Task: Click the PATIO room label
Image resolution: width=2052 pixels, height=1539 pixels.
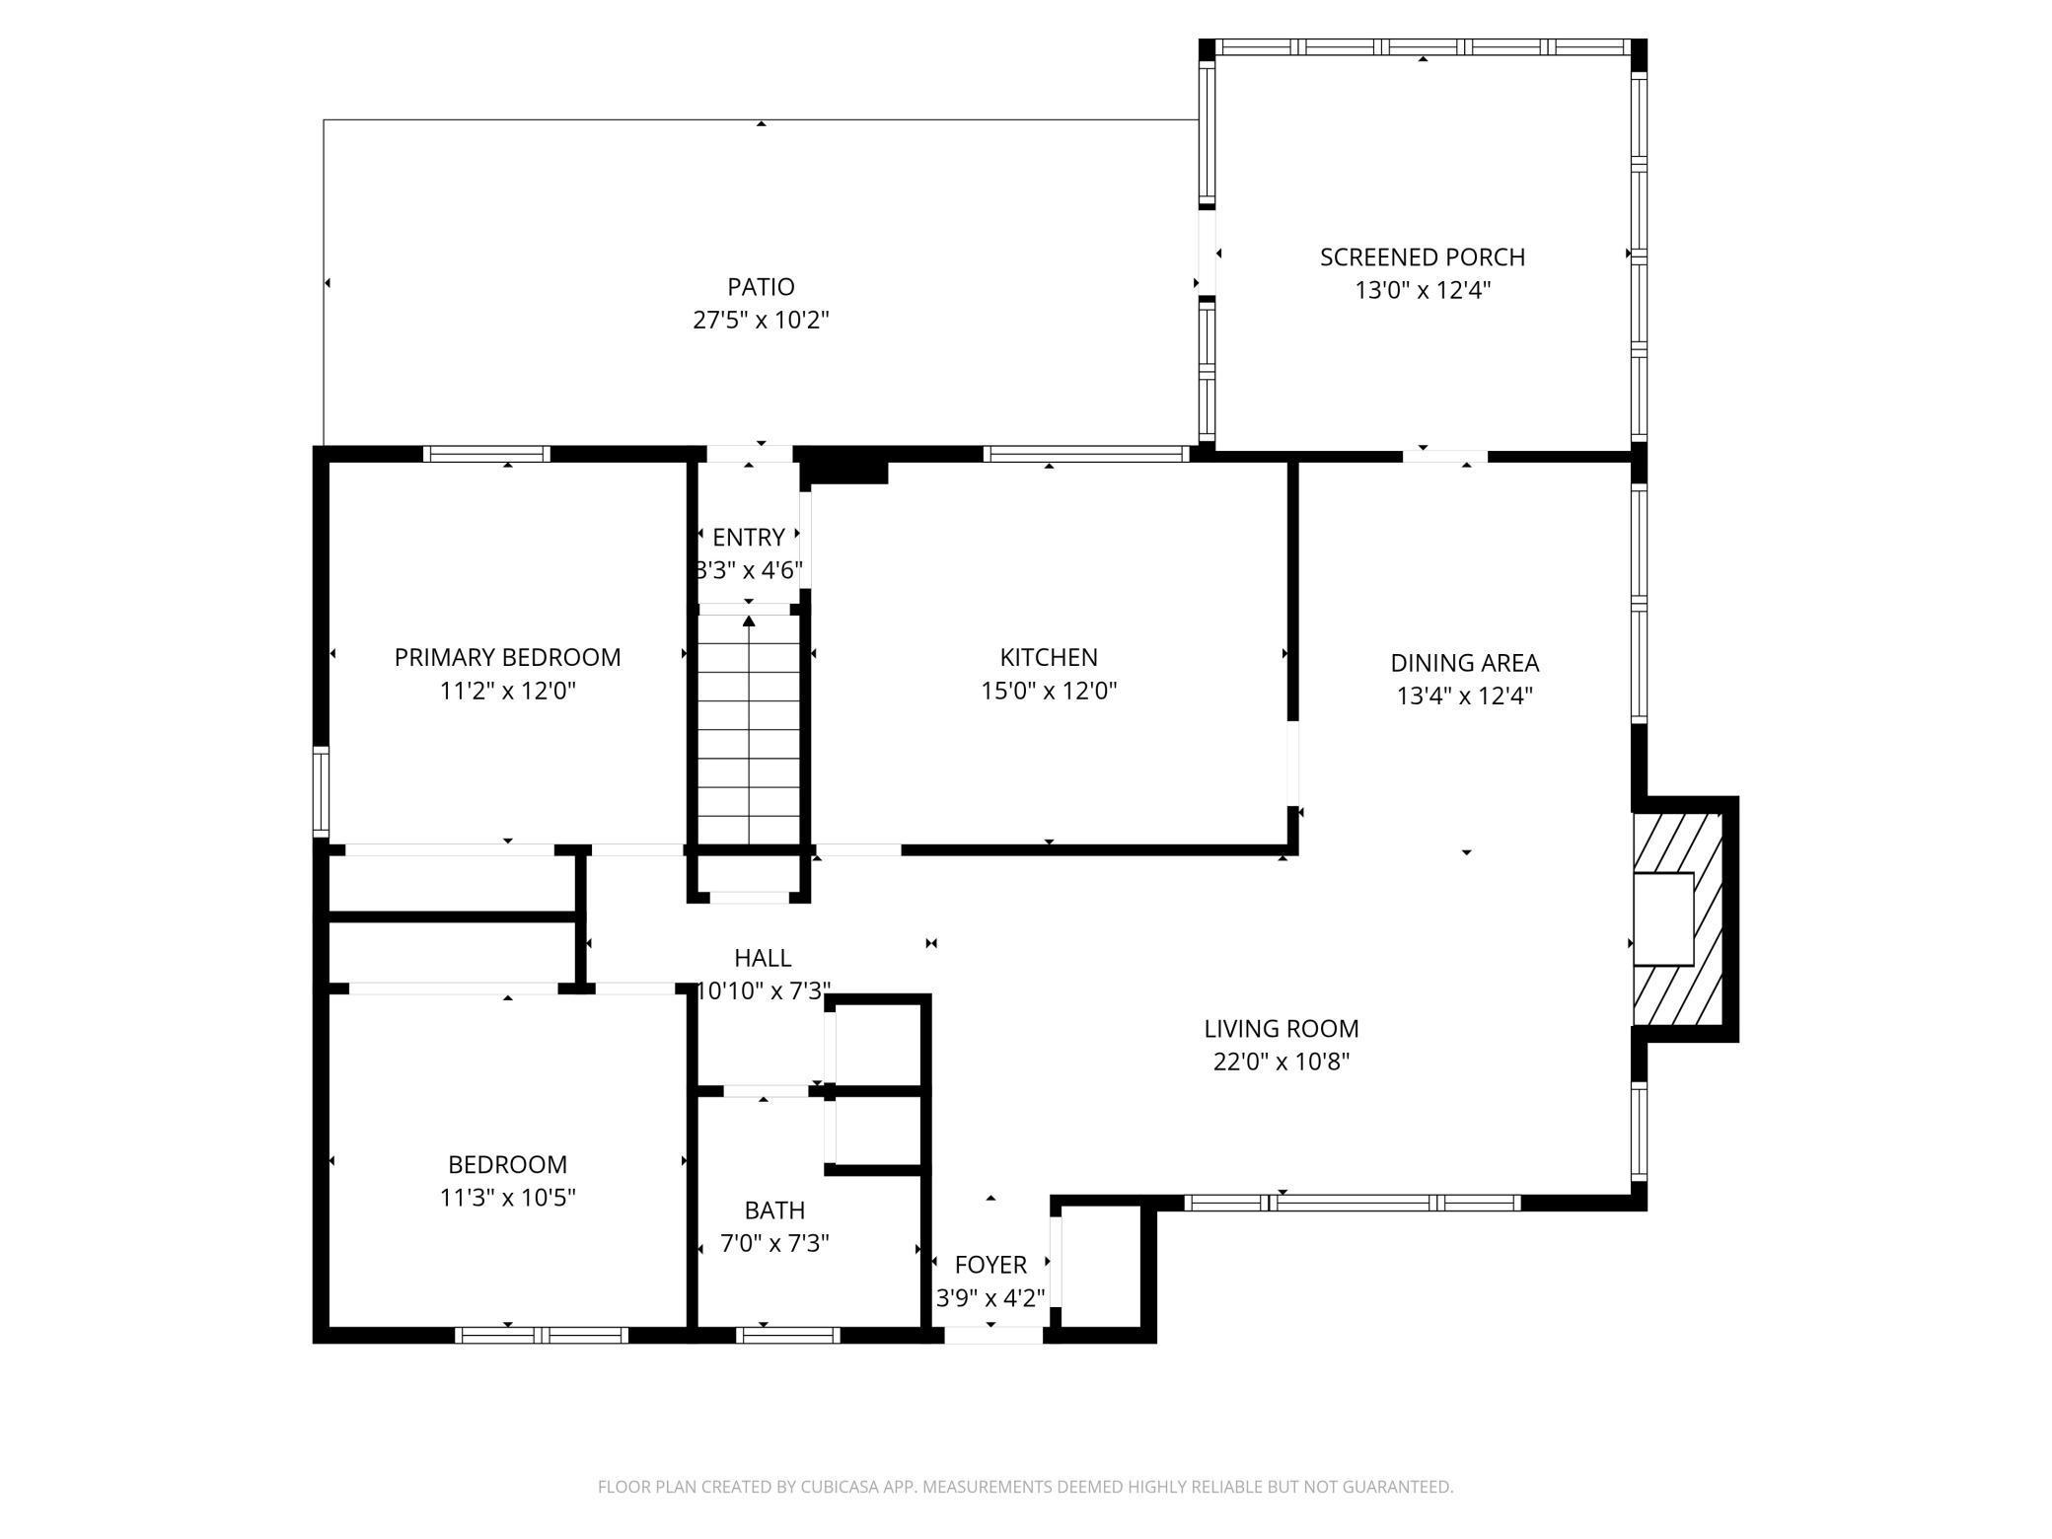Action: click(x=761, y=287)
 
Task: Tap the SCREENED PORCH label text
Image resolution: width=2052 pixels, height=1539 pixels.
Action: click(x=1423, y=257)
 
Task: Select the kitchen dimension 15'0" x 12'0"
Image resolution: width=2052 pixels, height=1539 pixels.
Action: click(x=1049, y=691)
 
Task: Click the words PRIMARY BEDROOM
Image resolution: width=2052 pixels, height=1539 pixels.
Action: click(x=508, y=658)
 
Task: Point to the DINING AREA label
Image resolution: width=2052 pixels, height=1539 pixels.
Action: click(x=1465, y=663)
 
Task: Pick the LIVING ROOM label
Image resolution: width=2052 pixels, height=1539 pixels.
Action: click(x=1282, y=1029)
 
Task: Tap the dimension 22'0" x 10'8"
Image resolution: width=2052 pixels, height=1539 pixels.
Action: click(x=1282, y=1063)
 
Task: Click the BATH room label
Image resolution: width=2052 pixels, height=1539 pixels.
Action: click(x=774, y=1210)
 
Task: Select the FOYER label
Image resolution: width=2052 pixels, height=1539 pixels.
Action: click(x=990, y=1265)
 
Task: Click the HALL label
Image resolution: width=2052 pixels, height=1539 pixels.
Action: click(x=763, y=958)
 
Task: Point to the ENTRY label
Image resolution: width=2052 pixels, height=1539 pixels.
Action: click(x=749, y=538)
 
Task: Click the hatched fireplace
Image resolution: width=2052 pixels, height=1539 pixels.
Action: click(x=1678, y=919)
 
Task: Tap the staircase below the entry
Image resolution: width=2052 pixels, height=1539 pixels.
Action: click(x=749, y=730)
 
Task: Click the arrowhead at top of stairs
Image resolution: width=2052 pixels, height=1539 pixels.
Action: click(x=749, y=621)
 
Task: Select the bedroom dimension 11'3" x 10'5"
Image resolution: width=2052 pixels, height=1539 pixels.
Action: click(x=508, y=1198)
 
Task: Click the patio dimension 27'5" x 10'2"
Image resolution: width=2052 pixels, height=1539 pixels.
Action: click(x=761, y=321)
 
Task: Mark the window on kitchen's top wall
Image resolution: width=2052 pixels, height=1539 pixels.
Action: click(x=1087, y=454)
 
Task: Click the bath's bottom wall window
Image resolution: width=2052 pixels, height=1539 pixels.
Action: click(x=788, y=1335)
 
